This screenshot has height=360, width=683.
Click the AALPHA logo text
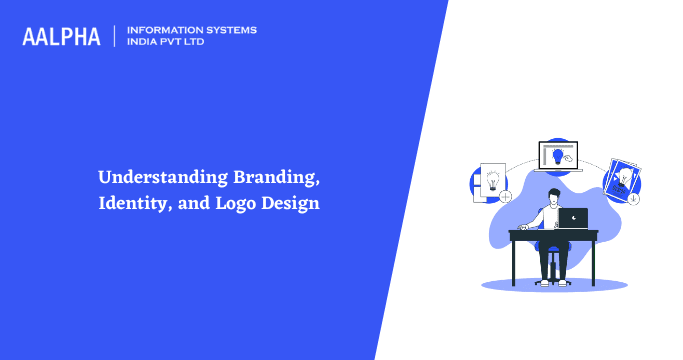pos(61,37)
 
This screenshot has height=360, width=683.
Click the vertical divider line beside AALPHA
pos(115,36)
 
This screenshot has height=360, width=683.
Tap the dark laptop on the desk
pos(573,218)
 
